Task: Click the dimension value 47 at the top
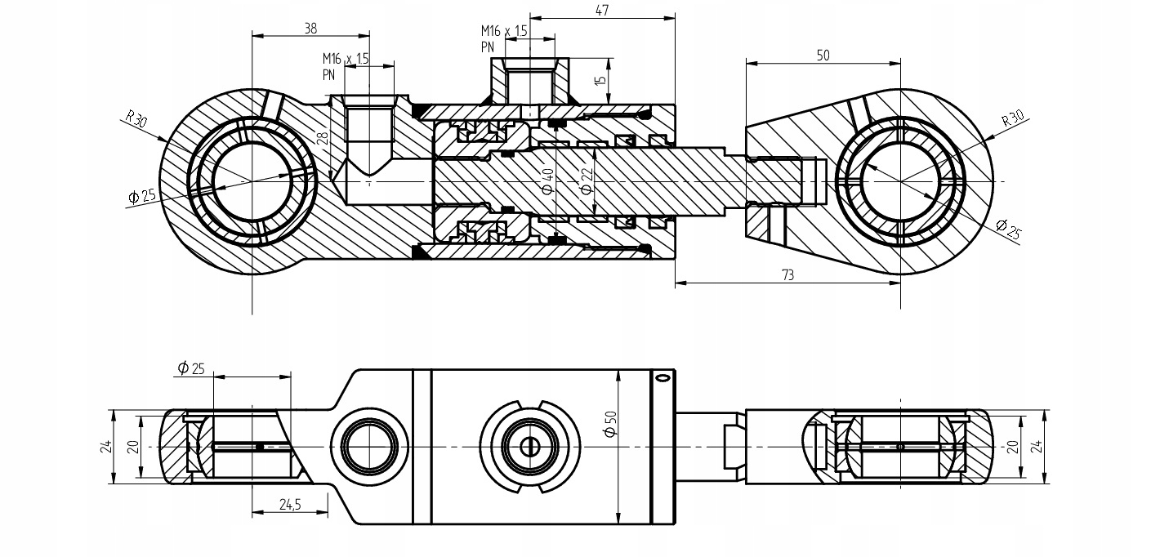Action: tap(602, 10)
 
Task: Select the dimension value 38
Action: tap(310, 29)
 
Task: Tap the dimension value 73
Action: tap(787, 275)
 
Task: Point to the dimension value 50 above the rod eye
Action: tap(823, 56)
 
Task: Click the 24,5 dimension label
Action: tap(290, 504)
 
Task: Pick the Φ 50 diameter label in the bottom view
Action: tap(611, 424)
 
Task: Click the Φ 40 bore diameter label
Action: tap(547, 181)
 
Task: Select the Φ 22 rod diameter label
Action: tap(587, 181)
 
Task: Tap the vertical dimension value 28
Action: tap(323, 138)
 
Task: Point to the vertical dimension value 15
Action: tap(600, 81)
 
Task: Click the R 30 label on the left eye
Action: tap(136, 119)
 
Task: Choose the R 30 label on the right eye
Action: tap(1013, 118)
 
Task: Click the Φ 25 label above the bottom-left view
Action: tap(191, 368)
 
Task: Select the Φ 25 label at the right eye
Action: tap(1008, 229)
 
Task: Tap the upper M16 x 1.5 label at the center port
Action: tap(504, 31)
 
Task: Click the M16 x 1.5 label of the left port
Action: tap(346, 59)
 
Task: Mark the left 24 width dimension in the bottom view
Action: tap(107, 446)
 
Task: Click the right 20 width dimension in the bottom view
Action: tap(1013, 446)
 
